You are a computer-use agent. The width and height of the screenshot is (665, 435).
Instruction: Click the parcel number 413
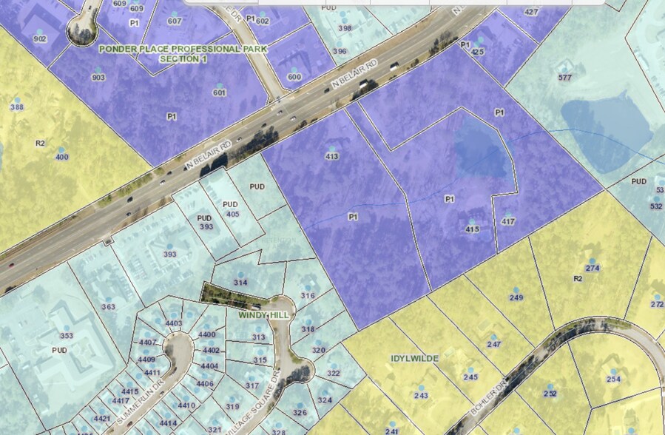pos(331,156)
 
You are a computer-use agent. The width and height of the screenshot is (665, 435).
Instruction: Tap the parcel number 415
pos(472,230)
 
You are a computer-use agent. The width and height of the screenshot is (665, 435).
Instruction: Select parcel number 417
pos(507,221)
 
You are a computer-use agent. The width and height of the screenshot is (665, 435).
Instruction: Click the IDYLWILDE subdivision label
pos(414,358)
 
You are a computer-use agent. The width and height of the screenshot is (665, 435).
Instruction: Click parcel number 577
pos(565,78)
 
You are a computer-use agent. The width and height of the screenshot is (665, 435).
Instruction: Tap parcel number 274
pos(592,268)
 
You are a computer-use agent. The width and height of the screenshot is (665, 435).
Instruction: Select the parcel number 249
pos(516,297)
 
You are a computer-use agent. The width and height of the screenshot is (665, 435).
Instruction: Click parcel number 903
pos(98,77)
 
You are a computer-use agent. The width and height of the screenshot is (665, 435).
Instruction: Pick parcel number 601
pos(219,92)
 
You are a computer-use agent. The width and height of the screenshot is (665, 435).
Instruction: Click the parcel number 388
pos(16,107)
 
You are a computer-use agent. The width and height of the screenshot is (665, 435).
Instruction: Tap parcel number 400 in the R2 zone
pos(61,157)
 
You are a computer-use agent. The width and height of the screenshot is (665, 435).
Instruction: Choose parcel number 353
pos(67,335)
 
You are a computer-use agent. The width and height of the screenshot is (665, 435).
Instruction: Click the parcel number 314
pos(240,283)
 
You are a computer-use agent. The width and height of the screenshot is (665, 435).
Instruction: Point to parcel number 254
pos(612,379)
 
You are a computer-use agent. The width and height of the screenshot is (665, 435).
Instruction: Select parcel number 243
pos(421,396)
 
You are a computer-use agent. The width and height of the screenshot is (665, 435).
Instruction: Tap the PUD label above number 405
pos(230,204)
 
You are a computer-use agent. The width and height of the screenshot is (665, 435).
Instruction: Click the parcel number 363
pos(108,306)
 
